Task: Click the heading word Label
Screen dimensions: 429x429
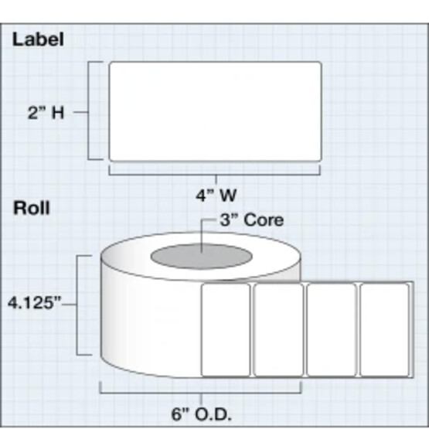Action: (x=38, y=39)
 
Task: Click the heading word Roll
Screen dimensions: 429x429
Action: (x=32, y=208)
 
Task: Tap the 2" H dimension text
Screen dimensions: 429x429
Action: (x=46, y=112)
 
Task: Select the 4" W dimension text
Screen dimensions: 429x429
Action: (x=216, y=196)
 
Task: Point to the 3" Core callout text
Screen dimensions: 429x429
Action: (x=252, y=220)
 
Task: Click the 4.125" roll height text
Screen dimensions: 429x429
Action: (x=35, y=303)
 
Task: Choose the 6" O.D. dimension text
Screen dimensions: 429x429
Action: (x=202, y=414)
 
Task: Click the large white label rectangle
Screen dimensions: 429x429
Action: (x=216, y=111)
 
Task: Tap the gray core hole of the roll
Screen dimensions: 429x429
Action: (x=202, y=256)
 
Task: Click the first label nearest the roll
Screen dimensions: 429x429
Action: (x=226, y=330)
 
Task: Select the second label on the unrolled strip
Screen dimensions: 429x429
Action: (x=278, y=330)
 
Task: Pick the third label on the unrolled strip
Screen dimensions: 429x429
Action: (x=332, y=330)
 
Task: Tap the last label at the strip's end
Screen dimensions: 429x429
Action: (x=384, y=330)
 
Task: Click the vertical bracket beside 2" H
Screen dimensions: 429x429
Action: (x=88, y=111)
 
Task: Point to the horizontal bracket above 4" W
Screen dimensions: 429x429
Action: (x=215, y=174)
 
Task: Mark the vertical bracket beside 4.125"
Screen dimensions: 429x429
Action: (x=77, y=305)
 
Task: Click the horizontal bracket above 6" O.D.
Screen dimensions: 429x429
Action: (x=201, y=393)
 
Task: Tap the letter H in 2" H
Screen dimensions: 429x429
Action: (x=58, y=113)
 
